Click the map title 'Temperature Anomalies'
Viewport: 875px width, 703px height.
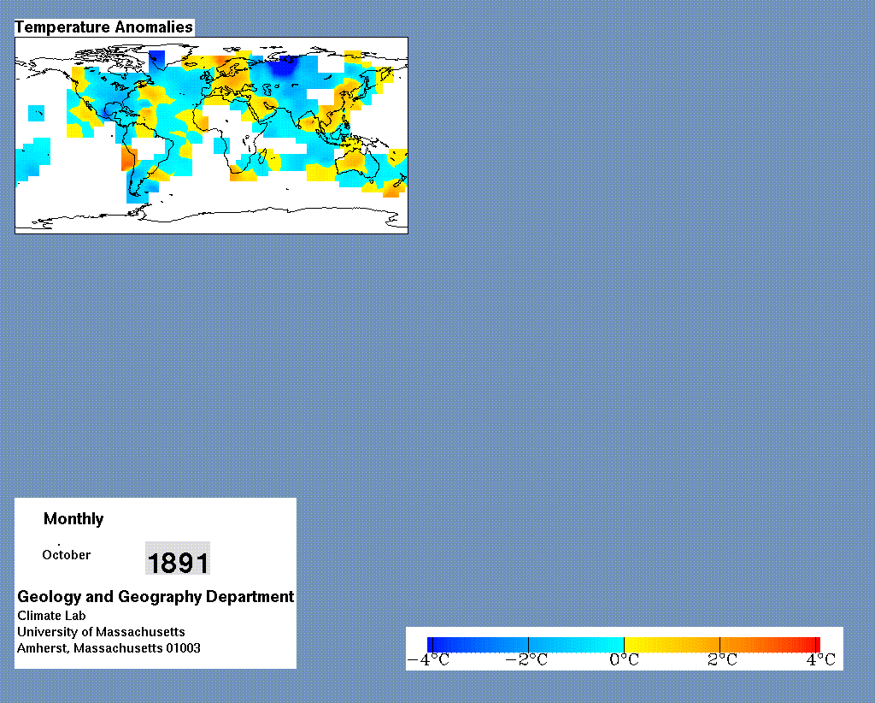pos(103,27)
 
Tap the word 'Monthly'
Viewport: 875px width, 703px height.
pos(73,519)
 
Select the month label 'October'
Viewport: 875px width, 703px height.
pos(67,555)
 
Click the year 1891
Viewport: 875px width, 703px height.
pos(178,562)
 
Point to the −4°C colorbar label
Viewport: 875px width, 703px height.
pos(429,660)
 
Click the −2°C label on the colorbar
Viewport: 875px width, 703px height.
pos(526,660)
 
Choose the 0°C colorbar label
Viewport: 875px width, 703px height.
pos(624,660)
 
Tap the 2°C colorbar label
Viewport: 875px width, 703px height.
pos(722,660)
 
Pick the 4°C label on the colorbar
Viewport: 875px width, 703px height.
pos(821,660)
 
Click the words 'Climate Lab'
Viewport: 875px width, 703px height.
pos(51,616)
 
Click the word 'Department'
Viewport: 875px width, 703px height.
pos(250,597)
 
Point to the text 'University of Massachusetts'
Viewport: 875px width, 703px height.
pos(101,632)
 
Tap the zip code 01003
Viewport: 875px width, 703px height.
pos(183,648)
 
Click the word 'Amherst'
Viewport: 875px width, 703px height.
pos(44,648)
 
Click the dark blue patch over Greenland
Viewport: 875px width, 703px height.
pos(157,59)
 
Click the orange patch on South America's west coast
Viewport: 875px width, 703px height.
pos(128,160)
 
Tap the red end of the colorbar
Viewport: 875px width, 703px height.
pos(812,645)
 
